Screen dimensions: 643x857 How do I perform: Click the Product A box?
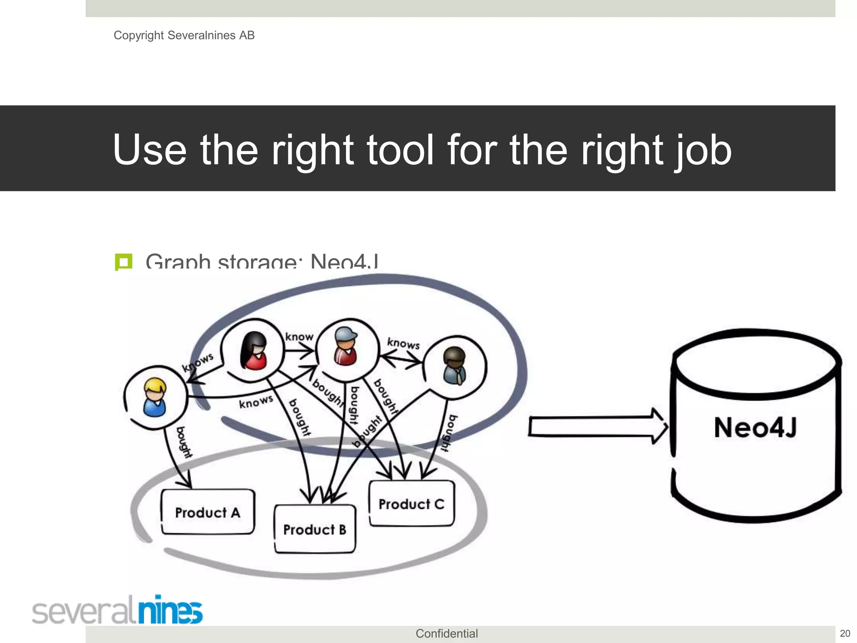[x=208, y=512]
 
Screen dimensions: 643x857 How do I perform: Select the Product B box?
[x=315, y=530]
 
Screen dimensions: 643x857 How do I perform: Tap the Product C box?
[x=411, y=504]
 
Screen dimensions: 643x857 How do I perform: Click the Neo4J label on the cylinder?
[x=755, y=427]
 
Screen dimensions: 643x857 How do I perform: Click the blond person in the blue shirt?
[x=155, y=397]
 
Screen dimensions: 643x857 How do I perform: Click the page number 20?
[x=845, y=633]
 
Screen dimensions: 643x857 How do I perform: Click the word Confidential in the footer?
[x=446, y=633]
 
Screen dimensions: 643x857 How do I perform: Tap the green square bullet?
[x=123, y=262]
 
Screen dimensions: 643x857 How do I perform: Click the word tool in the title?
[x=400, y=149]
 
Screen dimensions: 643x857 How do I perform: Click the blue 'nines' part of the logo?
[x=170, y=610]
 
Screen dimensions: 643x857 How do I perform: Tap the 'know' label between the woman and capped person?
[x=299, y=337]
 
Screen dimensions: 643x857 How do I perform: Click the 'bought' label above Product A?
[x=184, y=442]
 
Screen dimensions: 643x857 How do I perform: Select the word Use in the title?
[x=149, y=149]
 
